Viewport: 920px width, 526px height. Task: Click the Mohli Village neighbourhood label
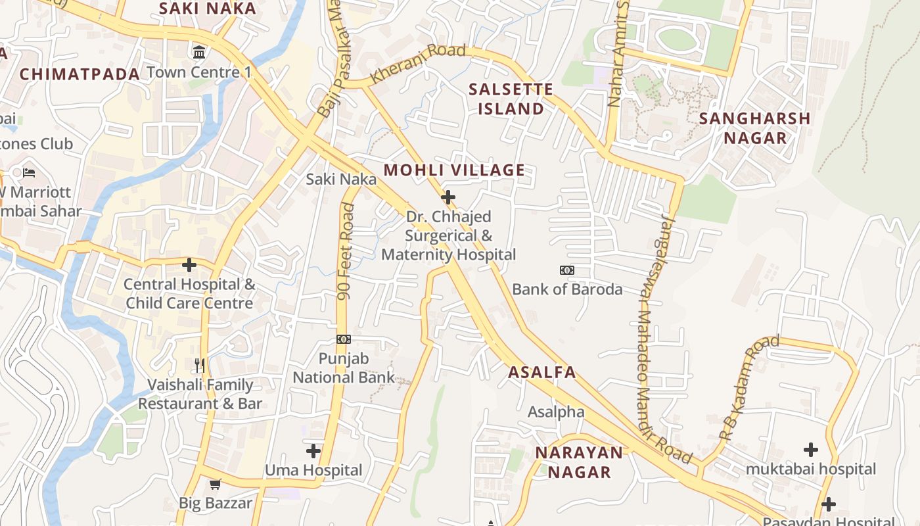[x=454, y=170]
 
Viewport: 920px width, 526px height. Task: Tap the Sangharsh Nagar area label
[x=754, y=128]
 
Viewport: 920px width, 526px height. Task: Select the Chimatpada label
[x=80, y=74]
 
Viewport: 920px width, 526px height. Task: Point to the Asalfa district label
[x=542, y=372]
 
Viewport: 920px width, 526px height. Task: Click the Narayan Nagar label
[x=579, y=462]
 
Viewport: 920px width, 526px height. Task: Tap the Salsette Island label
[x=511, y=99]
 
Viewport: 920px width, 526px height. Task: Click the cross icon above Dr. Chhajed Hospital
[x=448, y=197]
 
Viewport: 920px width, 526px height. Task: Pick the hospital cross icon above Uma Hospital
[x=313, y=451]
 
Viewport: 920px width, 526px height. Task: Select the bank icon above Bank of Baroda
[x=566, y=270]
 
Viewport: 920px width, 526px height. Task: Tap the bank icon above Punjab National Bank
[x=344, y=339]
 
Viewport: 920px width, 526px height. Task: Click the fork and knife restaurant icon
[x=200, y=365]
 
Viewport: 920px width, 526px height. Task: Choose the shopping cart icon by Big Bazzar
[x=215, y=485]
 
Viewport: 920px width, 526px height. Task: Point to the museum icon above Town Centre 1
[x=198, y=51]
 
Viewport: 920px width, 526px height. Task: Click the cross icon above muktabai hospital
[x=811, y=450]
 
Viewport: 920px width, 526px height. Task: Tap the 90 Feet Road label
[x=346, y=252]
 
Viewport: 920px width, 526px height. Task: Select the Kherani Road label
[x=417, y=62]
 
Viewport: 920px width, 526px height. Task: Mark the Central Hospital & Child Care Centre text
[x=189, y=294]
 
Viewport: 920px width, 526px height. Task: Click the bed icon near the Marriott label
[x=29, y=173]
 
